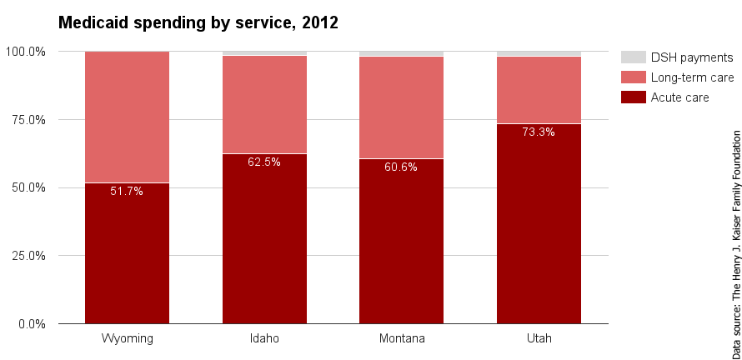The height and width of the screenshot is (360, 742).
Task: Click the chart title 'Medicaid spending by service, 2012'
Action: click(x=198, y=22)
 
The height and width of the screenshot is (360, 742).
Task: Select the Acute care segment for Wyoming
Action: click(x=127, y=258)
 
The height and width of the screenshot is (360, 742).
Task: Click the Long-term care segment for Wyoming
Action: click(x=127, y=117)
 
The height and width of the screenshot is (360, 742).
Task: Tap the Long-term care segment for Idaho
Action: click(x=264, y=104)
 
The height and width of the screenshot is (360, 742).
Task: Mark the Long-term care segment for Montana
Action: click(x=401, y=107)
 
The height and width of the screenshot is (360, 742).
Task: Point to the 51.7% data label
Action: click(x=127, y=191)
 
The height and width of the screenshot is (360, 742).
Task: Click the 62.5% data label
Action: click(x=264, y=162)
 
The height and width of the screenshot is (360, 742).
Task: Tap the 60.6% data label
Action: click(x=401, y=167)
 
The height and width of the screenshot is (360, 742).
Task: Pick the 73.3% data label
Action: click(x=539, y=132)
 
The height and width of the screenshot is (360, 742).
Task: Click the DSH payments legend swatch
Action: click(x=634, y=57)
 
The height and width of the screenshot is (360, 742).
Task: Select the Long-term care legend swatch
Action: click(x=634, y=77)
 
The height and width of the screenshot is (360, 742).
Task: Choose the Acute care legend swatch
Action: click(x=634, y=97)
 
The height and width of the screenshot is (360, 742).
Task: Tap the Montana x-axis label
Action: click(x=401, y=338)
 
